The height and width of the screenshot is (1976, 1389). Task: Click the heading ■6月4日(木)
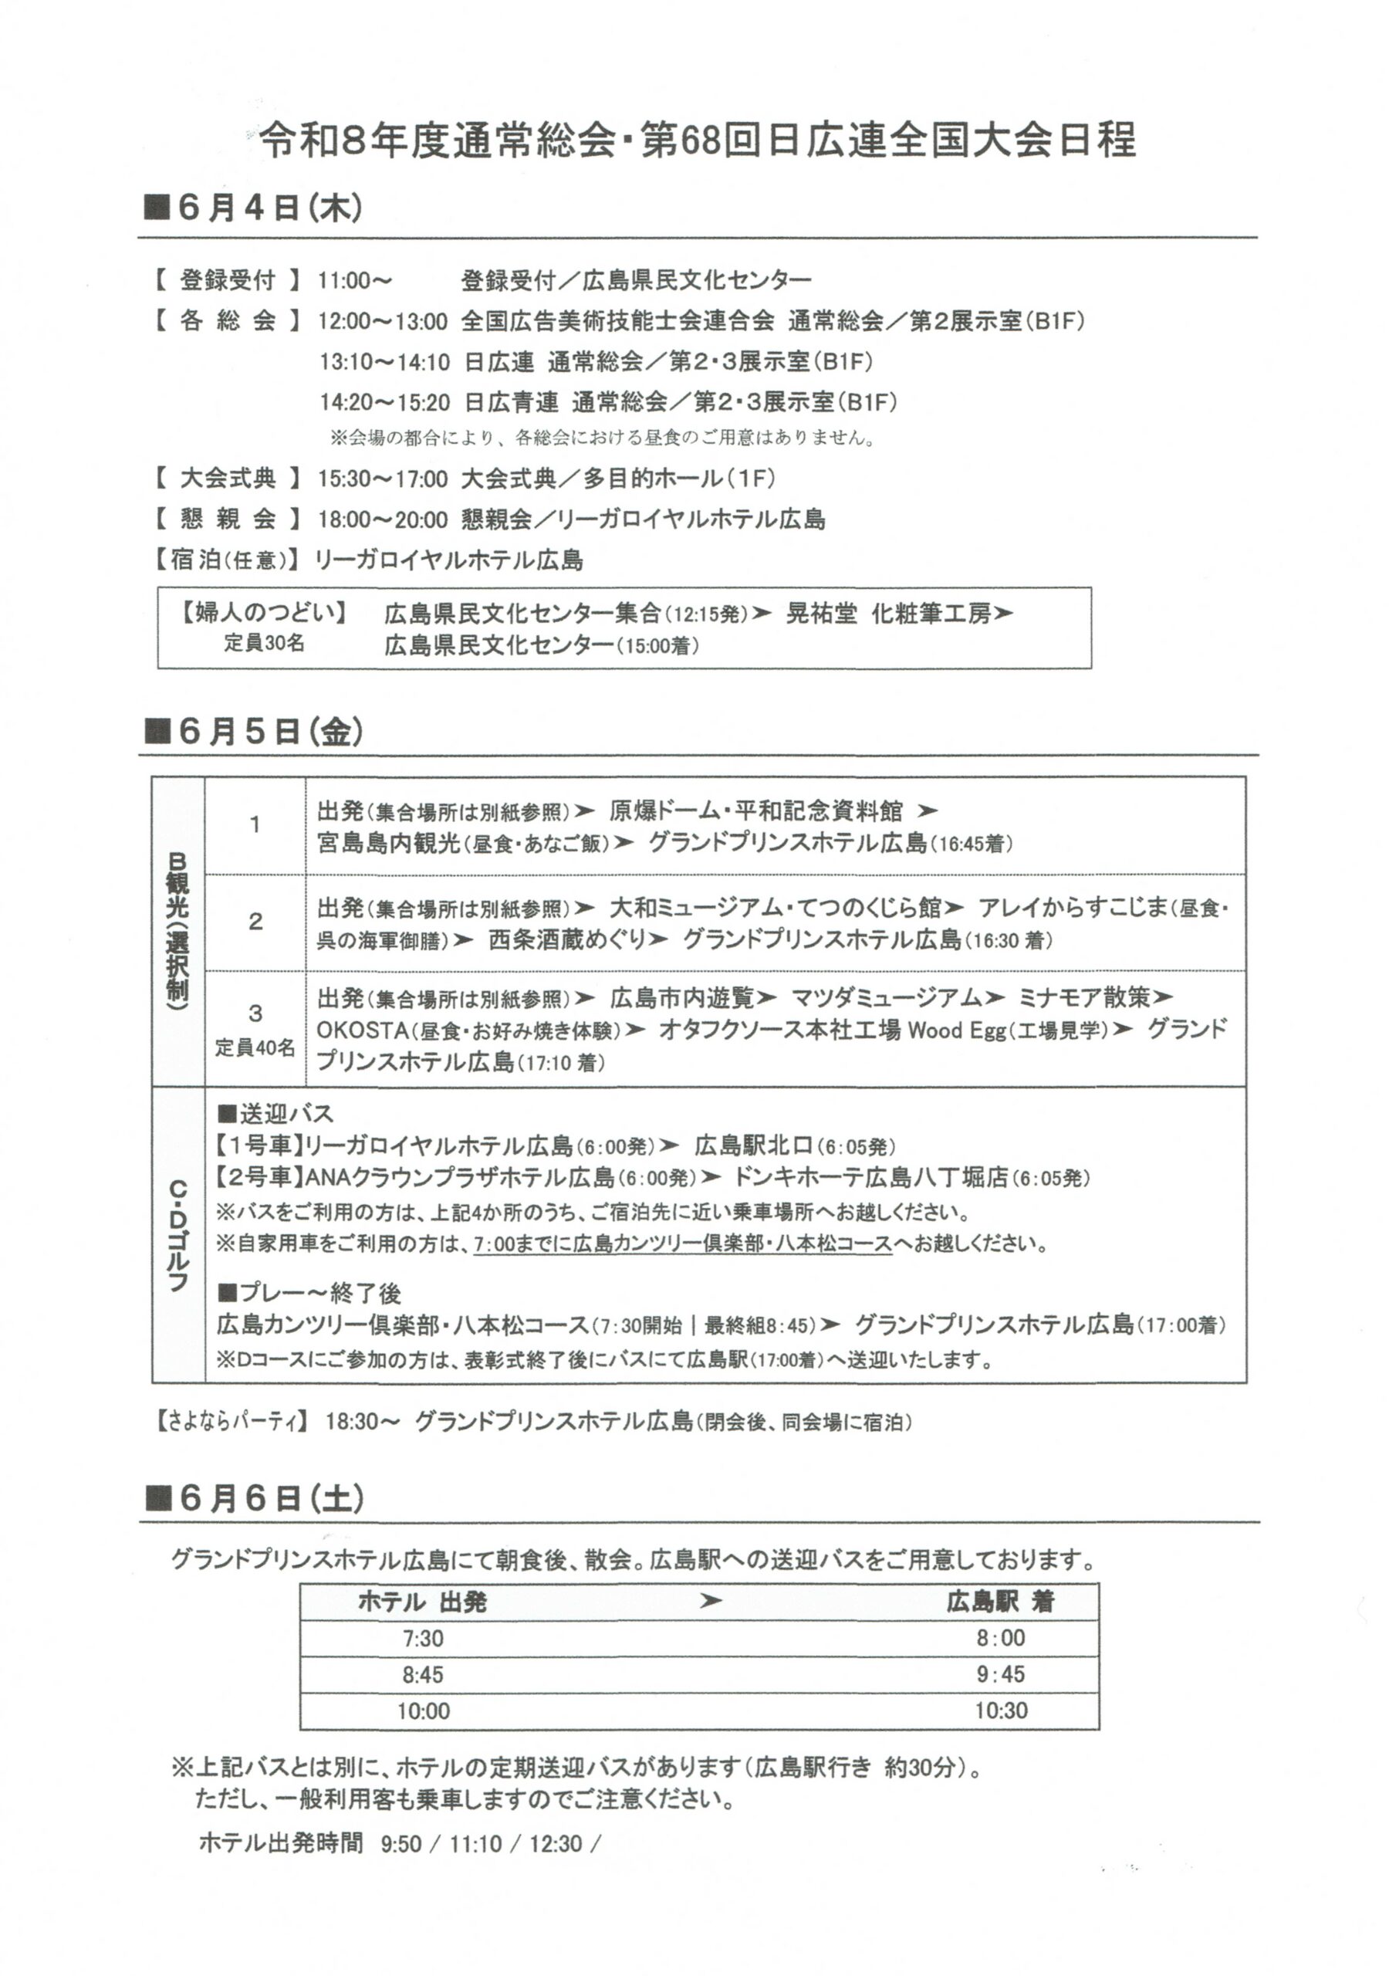pyautogui.click(x=253, y=209)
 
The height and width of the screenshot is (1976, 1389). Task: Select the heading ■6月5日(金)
pyautogui.click(x=254, y=732)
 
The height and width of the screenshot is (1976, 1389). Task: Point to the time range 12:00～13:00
pyautogui.click(x=382, y=322)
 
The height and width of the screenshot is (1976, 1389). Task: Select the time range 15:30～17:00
pyautogui.click(x=382, y=479)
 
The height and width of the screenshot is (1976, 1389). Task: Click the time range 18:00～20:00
pyautogui.click(x=382, y=519)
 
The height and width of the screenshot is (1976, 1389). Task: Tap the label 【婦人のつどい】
pyautogui.click(x=262, y=613)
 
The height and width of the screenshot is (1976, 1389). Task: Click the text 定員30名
pyautogui.click(x=264, y=644)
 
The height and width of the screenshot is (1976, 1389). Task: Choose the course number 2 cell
pyautogui.click(x=255, y=922)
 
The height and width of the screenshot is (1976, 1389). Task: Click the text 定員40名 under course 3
pyautogui.click(x=255, y=1047)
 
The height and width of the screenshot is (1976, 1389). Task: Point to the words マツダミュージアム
pyautogui.click(x=886, y=997)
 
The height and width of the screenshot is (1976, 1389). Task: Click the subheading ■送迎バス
pyautogui.click(x=275, y=1114)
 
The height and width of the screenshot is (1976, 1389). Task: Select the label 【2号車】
pyautogui.click(x=259, y=1176)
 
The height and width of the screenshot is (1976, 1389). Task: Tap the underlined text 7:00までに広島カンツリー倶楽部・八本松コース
pyautogui.click(x=681, y=1243)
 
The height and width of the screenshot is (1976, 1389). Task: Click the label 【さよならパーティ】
pyautogui.click(x=231, y=1422)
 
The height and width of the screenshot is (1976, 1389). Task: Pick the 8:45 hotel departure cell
pyautogui.click(x=423, y=1675)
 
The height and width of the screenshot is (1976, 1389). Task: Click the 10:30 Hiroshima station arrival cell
pyautogui.click(x=1001, y=1711)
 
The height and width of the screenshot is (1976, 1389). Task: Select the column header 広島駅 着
pyautogui.click(x=1000, y=1602)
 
